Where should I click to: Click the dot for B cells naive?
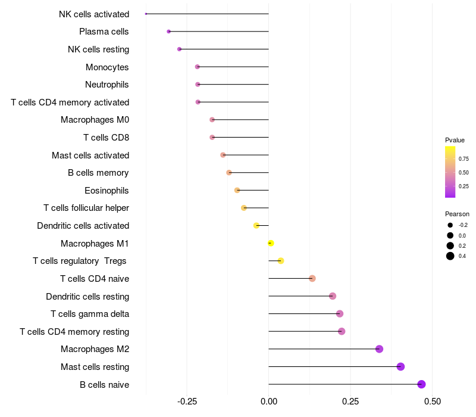(x=421, y=384)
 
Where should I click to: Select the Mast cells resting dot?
(x=400, y=366)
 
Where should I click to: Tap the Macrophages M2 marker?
(x=379, y=349)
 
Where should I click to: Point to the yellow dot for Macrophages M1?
(x=271, y=243)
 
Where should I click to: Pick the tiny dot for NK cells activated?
(x=146, y=14)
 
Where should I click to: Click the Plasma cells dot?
(x=169, y=31)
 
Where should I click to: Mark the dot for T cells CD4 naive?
(x=312, y=278)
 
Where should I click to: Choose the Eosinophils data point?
(x=237, y=190)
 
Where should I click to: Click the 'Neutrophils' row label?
(x=107, y=85)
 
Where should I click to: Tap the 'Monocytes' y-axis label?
(x=107, y=67)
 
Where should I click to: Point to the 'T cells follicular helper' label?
(x=86, y=208)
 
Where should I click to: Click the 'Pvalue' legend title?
(x=455, y=140)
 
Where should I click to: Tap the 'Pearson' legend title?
(x=457, y=214)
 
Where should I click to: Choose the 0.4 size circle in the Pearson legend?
(x=450, y=256)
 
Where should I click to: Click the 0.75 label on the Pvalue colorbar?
(x=464, y=159)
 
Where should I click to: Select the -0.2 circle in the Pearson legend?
(x=450, y=225)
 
